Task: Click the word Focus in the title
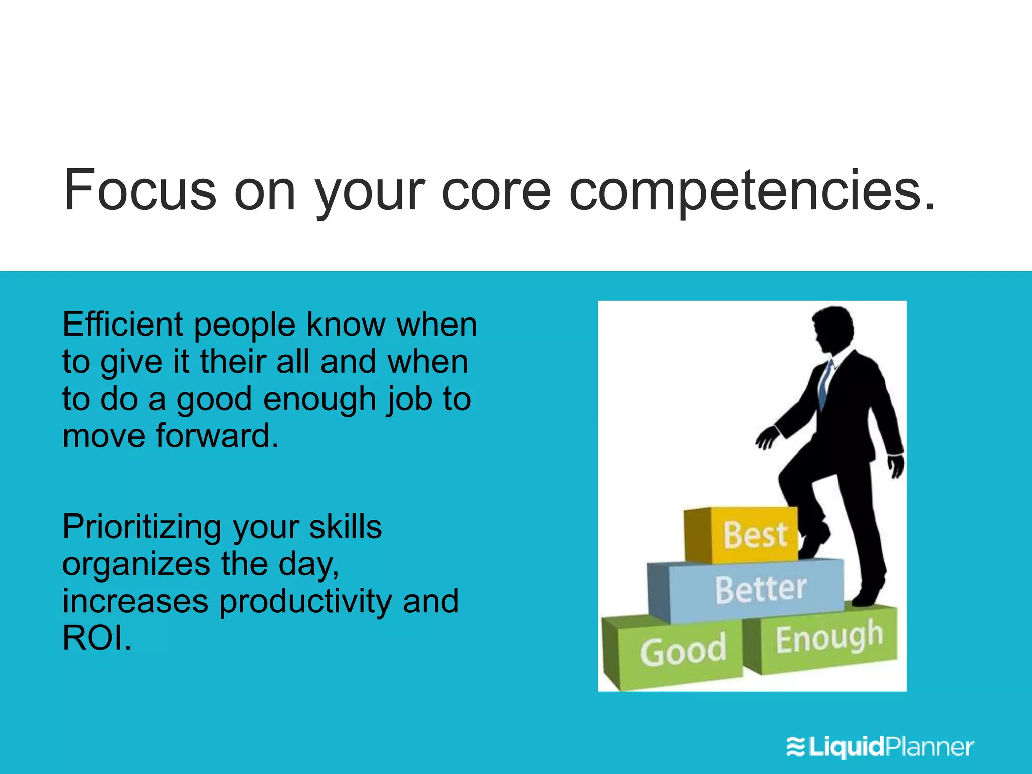[x=140, y=190]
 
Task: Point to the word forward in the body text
[x=217, y=436]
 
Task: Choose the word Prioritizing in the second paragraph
[x=142, y=528]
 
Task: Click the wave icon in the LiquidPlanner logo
[x=796, y=746]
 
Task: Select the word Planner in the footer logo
[x=930, y=746]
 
